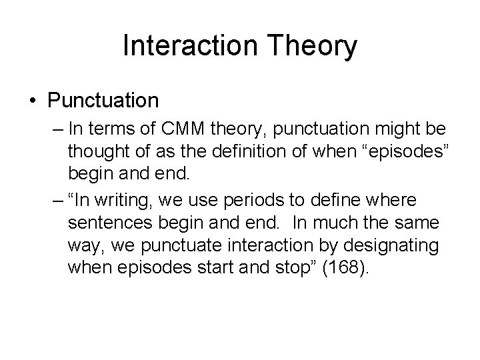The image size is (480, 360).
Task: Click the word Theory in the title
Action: (316, 46)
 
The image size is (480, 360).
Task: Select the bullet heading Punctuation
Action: (103, 101)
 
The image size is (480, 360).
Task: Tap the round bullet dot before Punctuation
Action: (33, 102)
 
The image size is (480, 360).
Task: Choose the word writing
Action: (117, 199)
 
